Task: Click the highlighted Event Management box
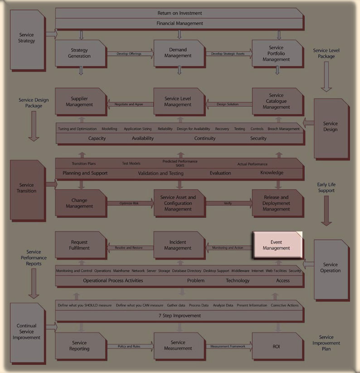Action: tap(276, 245)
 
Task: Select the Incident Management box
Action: tap(178, 245)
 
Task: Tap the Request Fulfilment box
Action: tap(79, 245)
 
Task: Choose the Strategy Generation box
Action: tap(79, 53)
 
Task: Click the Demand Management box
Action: tap(178, 53)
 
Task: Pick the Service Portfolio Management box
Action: tap(276, 53)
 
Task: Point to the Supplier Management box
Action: tap(79, 102)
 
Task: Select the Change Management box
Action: tap(79, 203)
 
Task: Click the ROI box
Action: tap(276, 346)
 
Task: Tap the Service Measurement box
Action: tap(178, 346)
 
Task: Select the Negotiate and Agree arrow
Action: tap(129, 104)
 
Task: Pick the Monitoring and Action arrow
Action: tap(227, 248)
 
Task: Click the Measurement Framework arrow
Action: tap(228, 346)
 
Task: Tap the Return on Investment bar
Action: tap(180, 13)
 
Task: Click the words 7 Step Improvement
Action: tap(180, 315)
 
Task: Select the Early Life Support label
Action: tap(326, 187)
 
